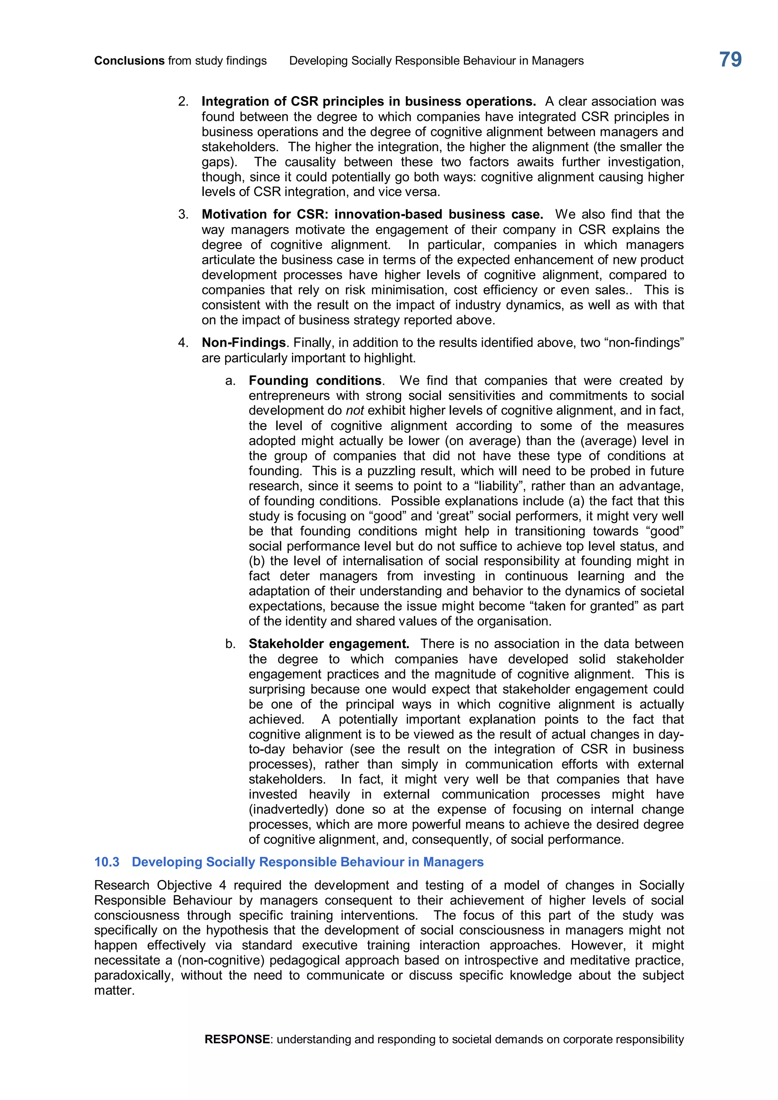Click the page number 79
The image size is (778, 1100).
point(730,60)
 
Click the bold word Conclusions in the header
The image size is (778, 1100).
point(129,61)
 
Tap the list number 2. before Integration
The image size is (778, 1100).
point(183,101)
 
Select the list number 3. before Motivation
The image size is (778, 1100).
point(183,215)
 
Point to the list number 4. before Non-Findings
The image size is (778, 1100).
point(183,343)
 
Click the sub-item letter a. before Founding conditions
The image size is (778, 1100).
point(231,381)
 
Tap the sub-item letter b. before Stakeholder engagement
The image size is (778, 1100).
point(231,644)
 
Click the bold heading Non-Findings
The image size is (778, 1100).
point(244,343)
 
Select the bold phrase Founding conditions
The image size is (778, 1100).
point(315,381)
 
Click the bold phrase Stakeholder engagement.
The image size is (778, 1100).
point(329,644)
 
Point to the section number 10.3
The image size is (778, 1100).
point(107,862)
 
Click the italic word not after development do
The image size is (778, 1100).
point(354,411)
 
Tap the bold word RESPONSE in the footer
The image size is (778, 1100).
point(237,1039)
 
